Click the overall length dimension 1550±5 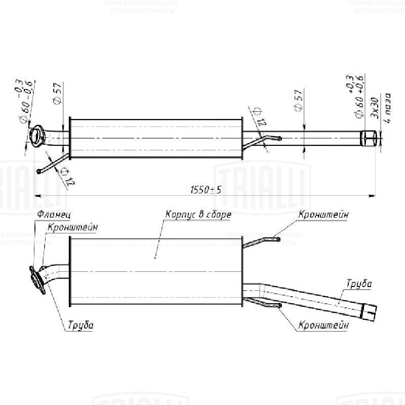pyautogui.click(x=206, y=189)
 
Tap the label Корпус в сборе pyautogui.click(x=198, y=215)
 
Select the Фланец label pyautogui.click(x=49, y=215)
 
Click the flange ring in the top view pyautogui.click(x=37, y=136)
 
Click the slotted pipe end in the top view pyautogui.click(x=369, y=137)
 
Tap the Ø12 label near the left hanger pyautogui.click(x=64, y=177)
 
